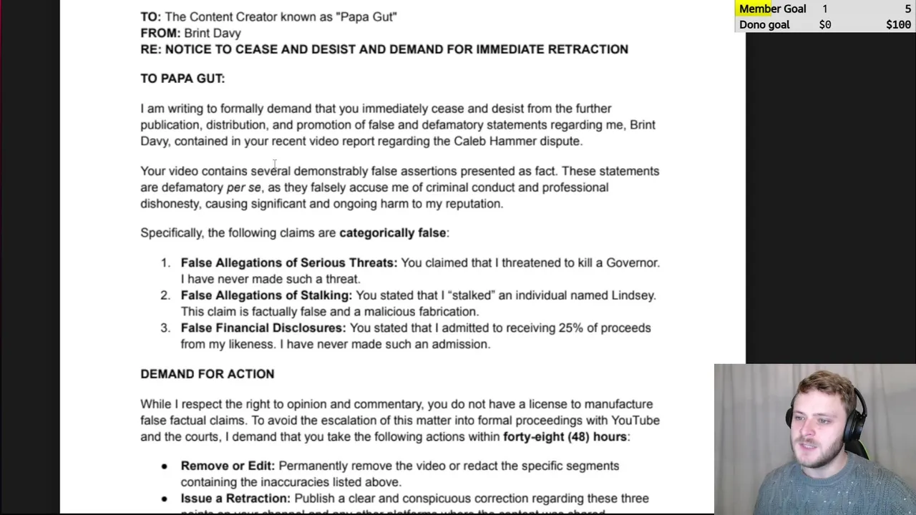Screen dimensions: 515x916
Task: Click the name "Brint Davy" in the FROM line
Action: point(213,33)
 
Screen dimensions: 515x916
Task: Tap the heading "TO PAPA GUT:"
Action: point(182,79)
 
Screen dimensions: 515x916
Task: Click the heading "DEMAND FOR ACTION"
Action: point(207,374)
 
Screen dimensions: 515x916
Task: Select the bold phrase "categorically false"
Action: point(392,232)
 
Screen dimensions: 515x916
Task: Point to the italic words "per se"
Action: point(244,187)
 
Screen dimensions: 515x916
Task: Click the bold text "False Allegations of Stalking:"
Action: point(266,295)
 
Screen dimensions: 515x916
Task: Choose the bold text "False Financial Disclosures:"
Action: point(263,328)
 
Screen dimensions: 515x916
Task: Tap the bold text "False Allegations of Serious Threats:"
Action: point(288,263)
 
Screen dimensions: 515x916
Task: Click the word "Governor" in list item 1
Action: point(632,263)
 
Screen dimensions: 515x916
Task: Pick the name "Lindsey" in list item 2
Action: point(633,295)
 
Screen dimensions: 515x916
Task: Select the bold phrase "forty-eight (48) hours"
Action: point(565,437)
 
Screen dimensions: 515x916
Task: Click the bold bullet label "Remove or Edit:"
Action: point(228,466)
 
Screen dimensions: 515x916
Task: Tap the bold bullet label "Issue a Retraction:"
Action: point(235,499)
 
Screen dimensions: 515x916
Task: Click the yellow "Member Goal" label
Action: point(772,9)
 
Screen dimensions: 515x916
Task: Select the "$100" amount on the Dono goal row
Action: point(898,25)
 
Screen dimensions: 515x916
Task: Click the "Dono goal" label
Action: point(764,25)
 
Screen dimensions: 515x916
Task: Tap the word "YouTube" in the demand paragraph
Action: point(635,421)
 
